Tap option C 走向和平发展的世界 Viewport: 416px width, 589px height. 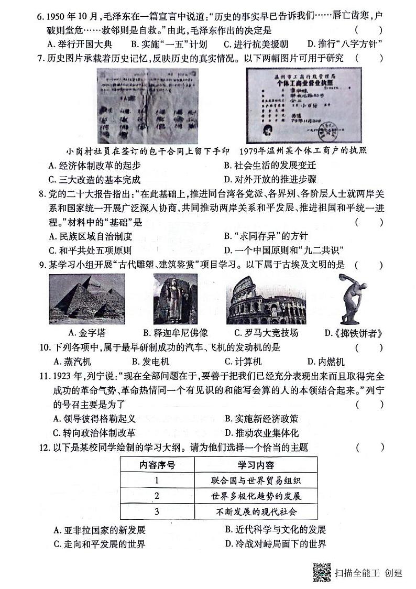pos(99,543)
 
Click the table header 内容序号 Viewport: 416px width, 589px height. pos(157,465)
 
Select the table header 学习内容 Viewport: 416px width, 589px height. pos(256,465)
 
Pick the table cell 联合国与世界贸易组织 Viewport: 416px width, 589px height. pos(256,481)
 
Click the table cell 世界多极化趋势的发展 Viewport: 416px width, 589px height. pos(256,496)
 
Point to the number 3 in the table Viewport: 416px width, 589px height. pos(157,511)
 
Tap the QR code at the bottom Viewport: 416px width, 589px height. pos(321,572)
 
